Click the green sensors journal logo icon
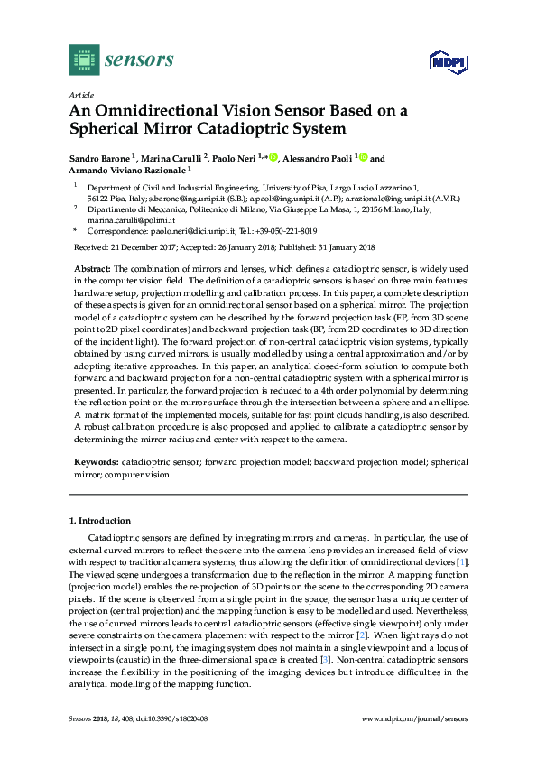(84, 60)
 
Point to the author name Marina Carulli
(175, 159)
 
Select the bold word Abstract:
(90, 269)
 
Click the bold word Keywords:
(95, 462)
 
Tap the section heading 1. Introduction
(100, 521)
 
